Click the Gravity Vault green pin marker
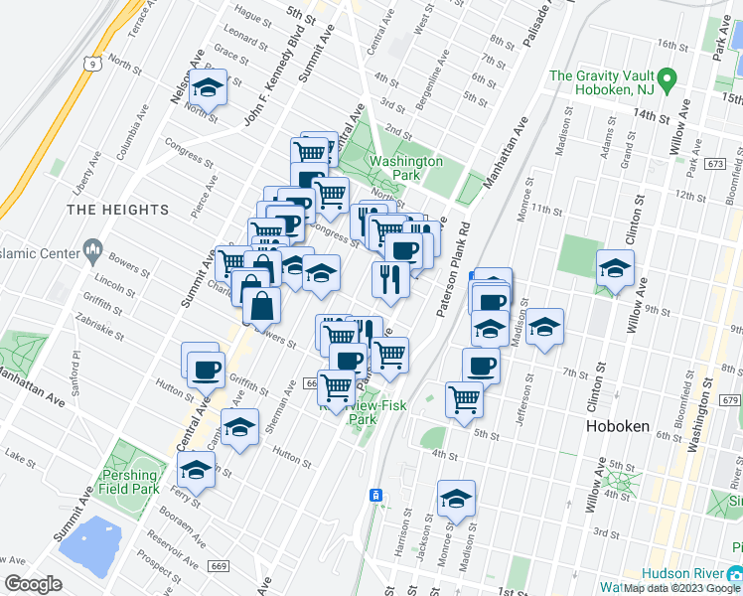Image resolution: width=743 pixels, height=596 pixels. (668, 77)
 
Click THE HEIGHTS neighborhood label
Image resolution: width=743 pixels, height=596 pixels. (119, 210)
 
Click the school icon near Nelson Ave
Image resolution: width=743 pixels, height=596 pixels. (209, 87)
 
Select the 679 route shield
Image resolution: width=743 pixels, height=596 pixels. (730, 400)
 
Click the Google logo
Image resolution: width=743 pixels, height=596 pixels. (33, 584)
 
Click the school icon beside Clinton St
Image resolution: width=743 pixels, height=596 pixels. (615, 268)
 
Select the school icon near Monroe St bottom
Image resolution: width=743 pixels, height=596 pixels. (456, 499)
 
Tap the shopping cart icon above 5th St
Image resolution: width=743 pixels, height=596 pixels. (464, 399)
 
